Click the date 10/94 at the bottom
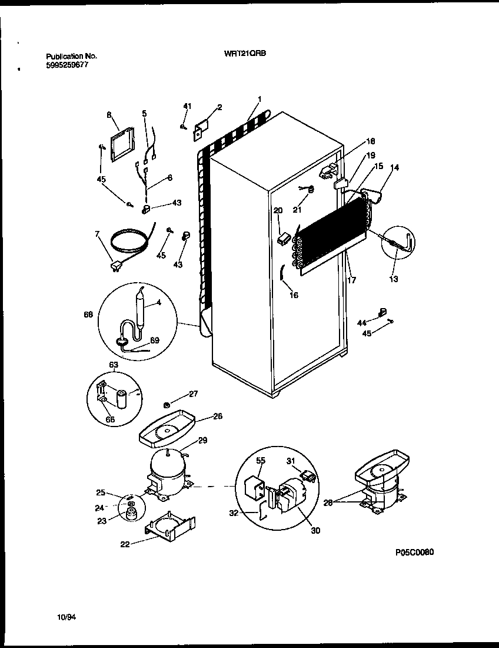pyautogui.click(x=67, y=617)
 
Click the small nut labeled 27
pyautogui.click(x=167, y=405)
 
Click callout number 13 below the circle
pyautogui.click(x=394, y=279)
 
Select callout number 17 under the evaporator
pyautogui.click(x=351, y=280)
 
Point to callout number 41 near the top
pyautogui.click(x=187, y=106)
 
